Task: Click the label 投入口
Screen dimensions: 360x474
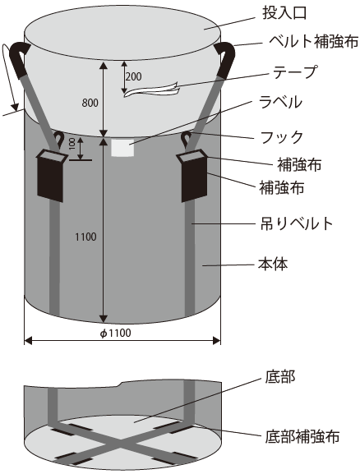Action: pos(284,13)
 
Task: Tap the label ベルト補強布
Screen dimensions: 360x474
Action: pos(314,41)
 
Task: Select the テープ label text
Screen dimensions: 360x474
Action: pos(295,72)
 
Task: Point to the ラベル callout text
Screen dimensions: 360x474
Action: pos(281,102)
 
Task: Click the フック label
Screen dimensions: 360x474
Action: pos(282,137)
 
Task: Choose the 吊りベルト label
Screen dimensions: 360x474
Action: pos(297,223)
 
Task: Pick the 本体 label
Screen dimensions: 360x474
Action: pos(273,264)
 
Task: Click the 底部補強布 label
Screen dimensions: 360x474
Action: pos(302,436)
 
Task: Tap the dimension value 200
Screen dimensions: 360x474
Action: pos(133,76)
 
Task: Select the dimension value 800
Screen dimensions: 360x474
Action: pos(90,103)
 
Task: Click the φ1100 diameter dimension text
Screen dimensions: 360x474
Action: pos(116,334)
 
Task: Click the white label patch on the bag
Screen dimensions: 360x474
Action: pos(122,148)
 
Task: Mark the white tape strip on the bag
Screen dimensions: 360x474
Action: pos(152,90)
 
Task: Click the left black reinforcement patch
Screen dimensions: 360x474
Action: pos(50,176)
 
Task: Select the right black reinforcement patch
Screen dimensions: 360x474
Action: pos(193,176)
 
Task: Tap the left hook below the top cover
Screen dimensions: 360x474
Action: pos(58,140)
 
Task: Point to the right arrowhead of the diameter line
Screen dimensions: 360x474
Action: pos(217,341)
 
